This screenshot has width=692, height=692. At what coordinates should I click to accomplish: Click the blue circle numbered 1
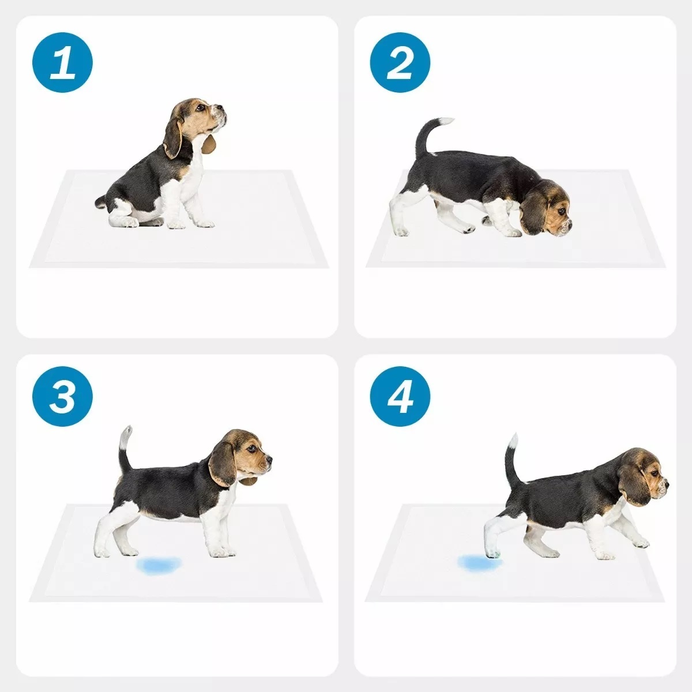coord(62,62)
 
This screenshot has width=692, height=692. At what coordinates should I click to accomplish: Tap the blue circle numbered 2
coord(400,62)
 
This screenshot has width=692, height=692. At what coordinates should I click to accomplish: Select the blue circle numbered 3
coord(62,396)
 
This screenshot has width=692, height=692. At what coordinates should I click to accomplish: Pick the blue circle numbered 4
coord(400,396)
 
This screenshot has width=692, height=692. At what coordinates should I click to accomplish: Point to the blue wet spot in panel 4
coord(479,562)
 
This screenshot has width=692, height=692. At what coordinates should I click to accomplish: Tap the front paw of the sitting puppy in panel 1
coord(205,224)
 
